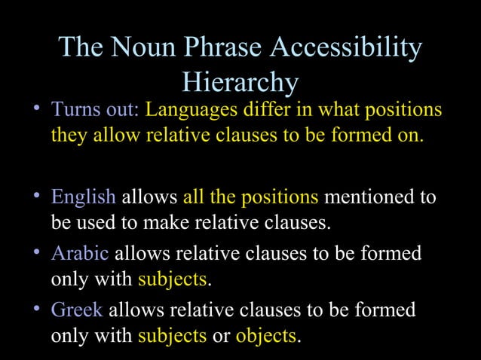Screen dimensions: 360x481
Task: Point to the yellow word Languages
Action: [191, 110]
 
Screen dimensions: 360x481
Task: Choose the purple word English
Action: [83, 197]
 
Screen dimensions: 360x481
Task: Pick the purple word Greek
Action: [76, 309]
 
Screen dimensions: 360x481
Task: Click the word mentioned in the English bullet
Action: [365, 197]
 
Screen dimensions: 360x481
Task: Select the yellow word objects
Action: [267, 336]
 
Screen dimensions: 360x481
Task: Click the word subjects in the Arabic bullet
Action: [172, 280]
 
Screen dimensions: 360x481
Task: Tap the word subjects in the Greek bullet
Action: [172, 336]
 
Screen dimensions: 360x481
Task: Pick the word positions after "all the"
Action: [280, 197]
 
